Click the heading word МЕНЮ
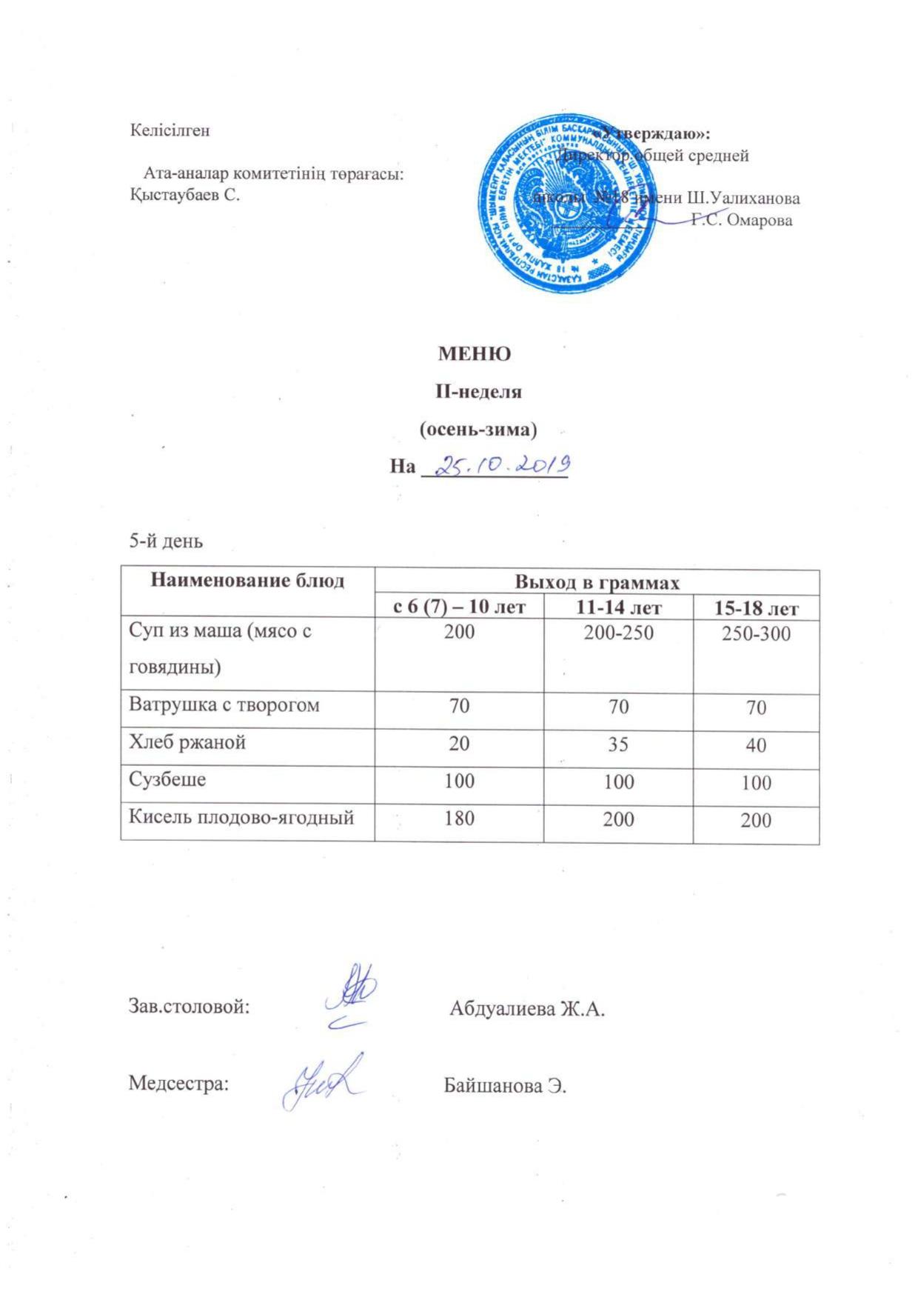point(474,354)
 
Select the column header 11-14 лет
point(618,607)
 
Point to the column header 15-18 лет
point(756,609)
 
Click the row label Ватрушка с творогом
point(224,704)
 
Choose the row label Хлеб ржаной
point(187,742)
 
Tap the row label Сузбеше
point(167,779)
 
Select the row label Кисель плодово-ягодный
point(241,817)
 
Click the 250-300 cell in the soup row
point(756,634)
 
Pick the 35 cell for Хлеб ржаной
point(618,743)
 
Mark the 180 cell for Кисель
point(459,818)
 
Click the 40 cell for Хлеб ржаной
point(756,745)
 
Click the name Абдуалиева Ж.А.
point(527,1009)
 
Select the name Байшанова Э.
point(505,1086)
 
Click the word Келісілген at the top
point(170,130)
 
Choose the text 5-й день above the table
point(166,541)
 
